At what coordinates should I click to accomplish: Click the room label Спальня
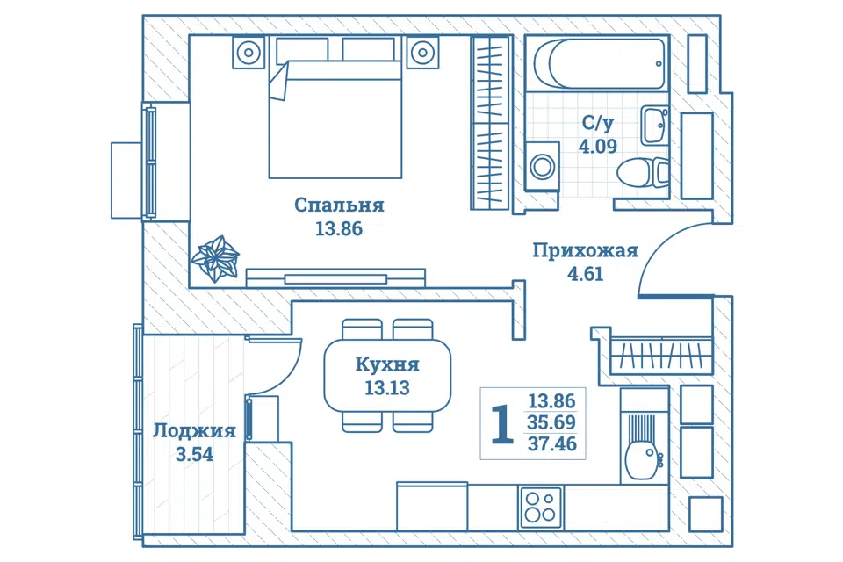point(339,205)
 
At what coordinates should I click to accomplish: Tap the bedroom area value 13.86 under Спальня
point(339,229)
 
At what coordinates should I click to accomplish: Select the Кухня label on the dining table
point(387,364)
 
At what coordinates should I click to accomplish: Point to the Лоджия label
point(194,431)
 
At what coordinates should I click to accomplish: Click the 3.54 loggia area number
point(194,455)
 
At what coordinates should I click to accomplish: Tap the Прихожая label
point(585,250)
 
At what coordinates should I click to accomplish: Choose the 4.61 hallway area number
point(585,274)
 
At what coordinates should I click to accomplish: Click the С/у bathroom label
point(597,123)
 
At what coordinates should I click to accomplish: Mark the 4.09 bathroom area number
point(597,146)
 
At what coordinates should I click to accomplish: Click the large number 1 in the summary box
point(502,424)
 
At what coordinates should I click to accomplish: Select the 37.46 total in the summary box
point(551,444)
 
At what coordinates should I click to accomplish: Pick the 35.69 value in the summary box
point(551,422)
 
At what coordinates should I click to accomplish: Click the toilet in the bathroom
point(643,172)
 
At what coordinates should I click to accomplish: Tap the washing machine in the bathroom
point(543,166)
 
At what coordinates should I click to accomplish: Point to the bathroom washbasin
point(654,125)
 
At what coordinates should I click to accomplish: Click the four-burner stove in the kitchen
point(541,508)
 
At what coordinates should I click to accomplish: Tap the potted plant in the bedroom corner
point(215,259)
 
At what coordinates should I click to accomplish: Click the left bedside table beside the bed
point(249,53)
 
